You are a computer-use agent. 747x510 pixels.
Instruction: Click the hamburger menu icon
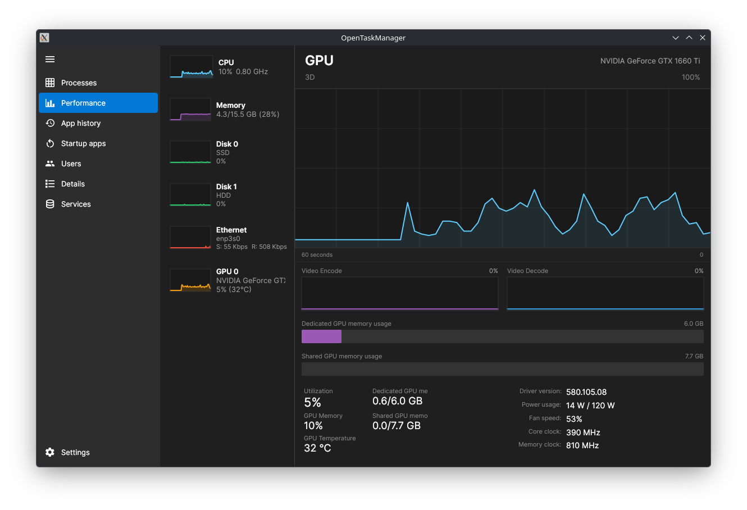click(50, 60)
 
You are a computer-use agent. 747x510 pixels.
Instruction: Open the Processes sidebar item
click(79, 83)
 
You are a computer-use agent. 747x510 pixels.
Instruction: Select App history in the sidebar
click(80, 123)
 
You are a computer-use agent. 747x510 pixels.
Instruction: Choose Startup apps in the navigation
click(83, 143)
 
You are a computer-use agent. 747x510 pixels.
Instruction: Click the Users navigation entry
click(71, 163)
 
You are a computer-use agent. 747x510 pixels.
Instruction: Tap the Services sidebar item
click(76, 204)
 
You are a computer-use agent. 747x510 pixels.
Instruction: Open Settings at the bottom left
click(75, 452)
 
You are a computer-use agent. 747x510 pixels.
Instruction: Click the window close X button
click(702, 38)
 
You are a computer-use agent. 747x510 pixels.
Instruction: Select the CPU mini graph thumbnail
click(191, 67)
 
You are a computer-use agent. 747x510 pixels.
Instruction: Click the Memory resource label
click(231, 105)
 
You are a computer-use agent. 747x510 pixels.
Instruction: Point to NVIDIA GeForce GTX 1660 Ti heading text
click(650, 61)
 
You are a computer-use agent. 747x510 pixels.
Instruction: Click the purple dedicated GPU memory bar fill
click(321, 336)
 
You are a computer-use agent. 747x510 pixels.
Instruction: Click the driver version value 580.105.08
click(586, 392)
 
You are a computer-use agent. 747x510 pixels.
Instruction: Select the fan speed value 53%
click(574, 419)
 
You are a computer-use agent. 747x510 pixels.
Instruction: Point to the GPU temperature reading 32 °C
click(317, 448)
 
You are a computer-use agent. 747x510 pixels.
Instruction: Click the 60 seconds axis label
click(317, 255)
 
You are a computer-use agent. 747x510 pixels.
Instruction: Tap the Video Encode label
click(321, 271)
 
